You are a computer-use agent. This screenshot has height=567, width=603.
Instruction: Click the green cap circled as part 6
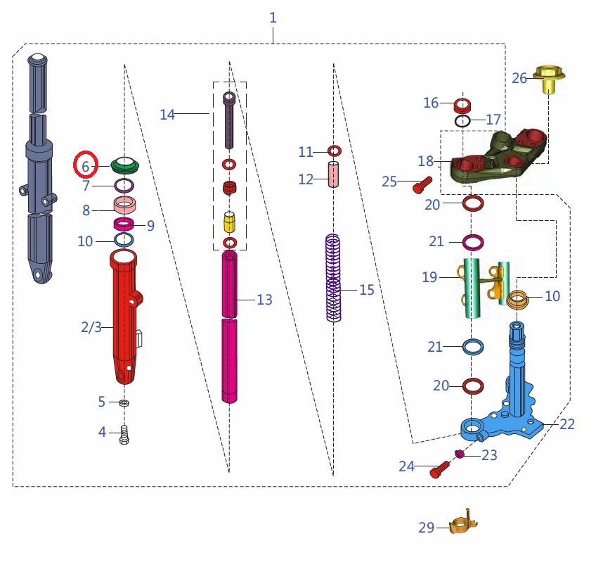tap(126, 165)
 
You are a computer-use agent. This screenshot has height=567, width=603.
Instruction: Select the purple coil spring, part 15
tap(333, 278)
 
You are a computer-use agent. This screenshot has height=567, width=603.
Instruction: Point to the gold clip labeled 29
tap(463, 524)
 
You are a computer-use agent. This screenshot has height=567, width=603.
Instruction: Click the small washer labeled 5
tap(124, 403)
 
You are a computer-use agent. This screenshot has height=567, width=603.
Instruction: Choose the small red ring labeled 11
tap(335, 151)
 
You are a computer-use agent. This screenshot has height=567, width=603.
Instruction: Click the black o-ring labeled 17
tap(462, 122)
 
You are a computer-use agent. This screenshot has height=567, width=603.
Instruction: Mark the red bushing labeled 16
tap(462, 106)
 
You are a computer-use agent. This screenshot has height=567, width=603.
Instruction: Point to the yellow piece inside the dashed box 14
tap(229, 223)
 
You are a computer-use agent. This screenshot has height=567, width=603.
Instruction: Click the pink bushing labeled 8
tap(125, 206)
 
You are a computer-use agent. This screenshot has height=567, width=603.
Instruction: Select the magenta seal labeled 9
tap(125, 225)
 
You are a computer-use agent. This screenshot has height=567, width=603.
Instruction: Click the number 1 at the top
tap(273, 18)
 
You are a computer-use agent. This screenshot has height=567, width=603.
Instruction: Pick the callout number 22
tap(566, 424)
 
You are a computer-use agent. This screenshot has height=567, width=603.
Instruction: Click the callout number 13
tap(264, 300)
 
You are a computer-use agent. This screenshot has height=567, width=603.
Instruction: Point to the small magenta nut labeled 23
tap(460, 454)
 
